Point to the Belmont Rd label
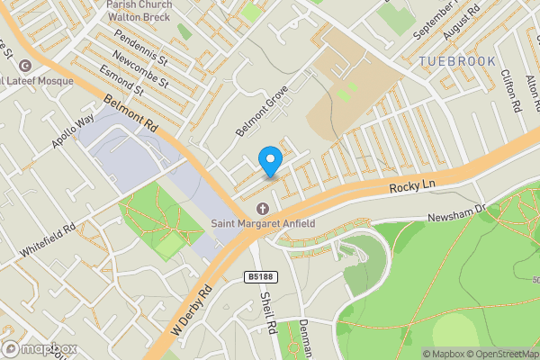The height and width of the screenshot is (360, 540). (x=130, y=114)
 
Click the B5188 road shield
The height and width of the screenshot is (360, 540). (x=258, y=277)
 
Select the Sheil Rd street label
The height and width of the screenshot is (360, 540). (x=266, y=313)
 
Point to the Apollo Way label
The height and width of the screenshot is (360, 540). (x=72, y=133)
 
